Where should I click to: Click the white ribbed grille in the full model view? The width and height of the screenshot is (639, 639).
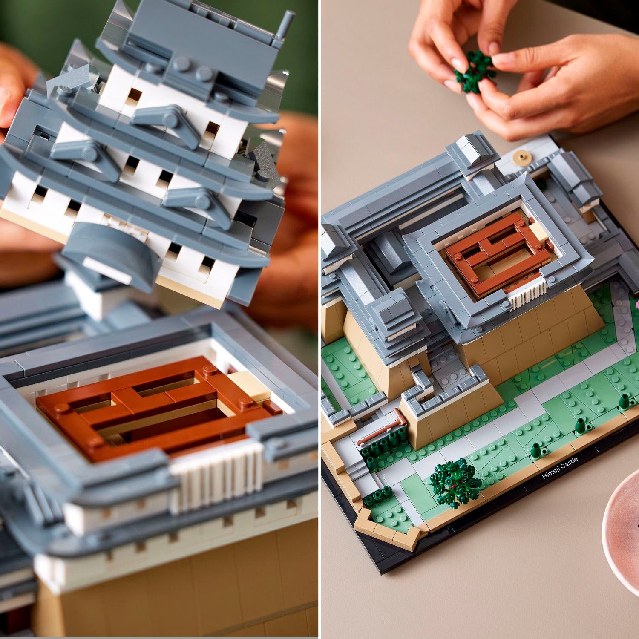(x=528, y=294)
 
